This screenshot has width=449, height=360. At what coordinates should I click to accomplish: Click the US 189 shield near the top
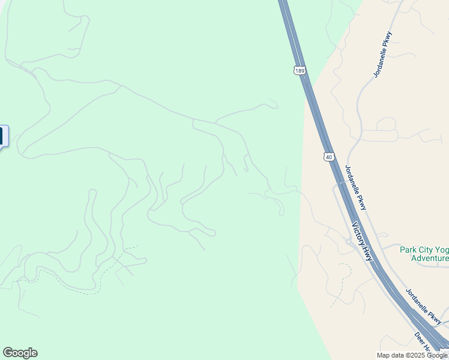pyautogui.click(x=300, y=71)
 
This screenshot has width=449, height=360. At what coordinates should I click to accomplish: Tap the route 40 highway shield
pyautogui.click(x=328, y=157)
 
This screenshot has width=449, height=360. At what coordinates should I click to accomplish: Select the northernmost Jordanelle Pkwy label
pyautogui.click(x=382, y=54)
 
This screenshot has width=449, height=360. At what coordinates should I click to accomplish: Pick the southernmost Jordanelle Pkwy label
pyautogui.click(x=424, y=307)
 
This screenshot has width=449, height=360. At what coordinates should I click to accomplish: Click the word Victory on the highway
pyautogui.click(x=359, y=233)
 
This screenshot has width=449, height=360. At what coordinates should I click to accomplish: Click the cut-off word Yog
pyautogui.click(x=441, y=249)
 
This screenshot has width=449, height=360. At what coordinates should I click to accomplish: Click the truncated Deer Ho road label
pyautogui.click(x=423, y=343)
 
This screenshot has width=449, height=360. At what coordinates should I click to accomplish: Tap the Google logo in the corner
pyautogui.click(x=20, y=353)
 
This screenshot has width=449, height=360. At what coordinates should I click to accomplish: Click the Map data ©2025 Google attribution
pyautogui.click(x=412, y=355)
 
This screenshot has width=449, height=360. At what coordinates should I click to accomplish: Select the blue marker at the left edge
pyautogui.click(x=3, y=136)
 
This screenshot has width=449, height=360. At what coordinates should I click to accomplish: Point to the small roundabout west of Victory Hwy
pyautogui.click(x=348, y=242)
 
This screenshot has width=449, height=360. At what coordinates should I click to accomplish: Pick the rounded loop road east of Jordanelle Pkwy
pyautogui.click(x=387, y=124)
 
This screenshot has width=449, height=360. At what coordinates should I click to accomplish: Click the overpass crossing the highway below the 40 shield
pyautogui.click(x=340, y=182)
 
